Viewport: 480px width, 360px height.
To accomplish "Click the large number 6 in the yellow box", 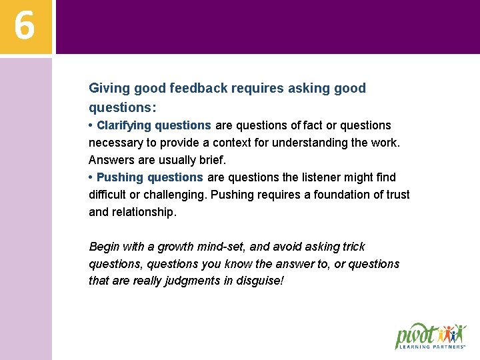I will click(x=24, y=26).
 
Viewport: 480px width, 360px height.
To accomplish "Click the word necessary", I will click(x=115, y=143).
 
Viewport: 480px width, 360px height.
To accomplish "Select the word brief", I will click(x=212, y=160).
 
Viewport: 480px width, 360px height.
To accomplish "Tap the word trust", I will click(x=397, y=195).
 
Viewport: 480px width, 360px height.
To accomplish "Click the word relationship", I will click(x=144, y=212).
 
